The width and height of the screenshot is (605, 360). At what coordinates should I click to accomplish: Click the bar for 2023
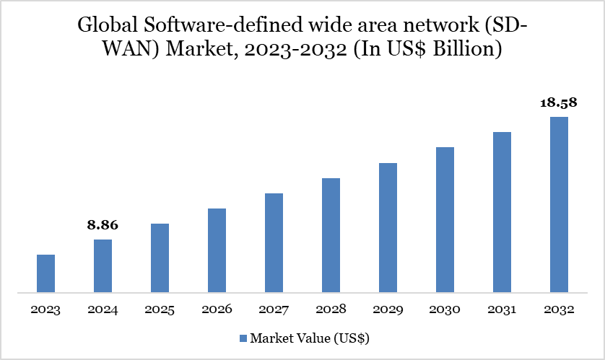45,274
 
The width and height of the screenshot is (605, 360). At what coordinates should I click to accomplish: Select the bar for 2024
103,266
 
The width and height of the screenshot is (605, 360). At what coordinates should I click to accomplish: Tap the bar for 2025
160,258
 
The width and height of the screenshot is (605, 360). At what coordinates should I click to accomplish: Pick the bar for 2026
217,251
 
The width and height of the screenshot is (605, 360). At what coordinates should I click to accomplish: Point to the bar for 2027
274,243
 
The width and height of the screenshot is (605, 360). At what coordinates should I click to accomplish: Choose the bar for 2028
331,235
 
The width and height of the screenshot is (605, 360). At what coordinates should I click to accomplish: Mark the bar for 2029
388,228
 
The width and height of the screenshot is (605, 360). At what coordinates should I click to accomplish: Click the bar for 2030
445,220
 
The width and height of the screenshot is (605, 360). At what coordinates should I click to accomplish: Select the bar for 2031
502,213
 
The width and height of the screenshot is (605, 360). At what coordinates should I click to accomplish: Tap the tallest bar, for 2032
559,205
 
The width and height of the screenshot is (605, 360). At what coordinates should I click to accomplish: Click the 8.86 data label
103,225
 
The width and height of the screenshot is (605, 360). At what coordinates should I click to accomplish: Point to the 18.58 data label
559,102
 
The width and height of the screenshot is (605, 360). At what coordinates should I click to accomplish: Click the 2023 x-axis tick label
45,309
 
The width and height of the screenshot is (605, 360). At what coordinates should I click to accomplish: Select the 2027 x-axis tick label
274,309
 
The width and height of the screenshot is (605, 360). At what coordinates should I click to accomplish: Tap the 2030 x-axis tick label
445,309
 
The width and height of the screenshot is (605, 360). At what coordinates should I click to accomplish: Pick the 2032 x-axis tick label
559,309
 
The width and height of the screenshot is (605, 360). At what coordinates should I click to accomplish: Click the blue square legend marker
243,338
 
